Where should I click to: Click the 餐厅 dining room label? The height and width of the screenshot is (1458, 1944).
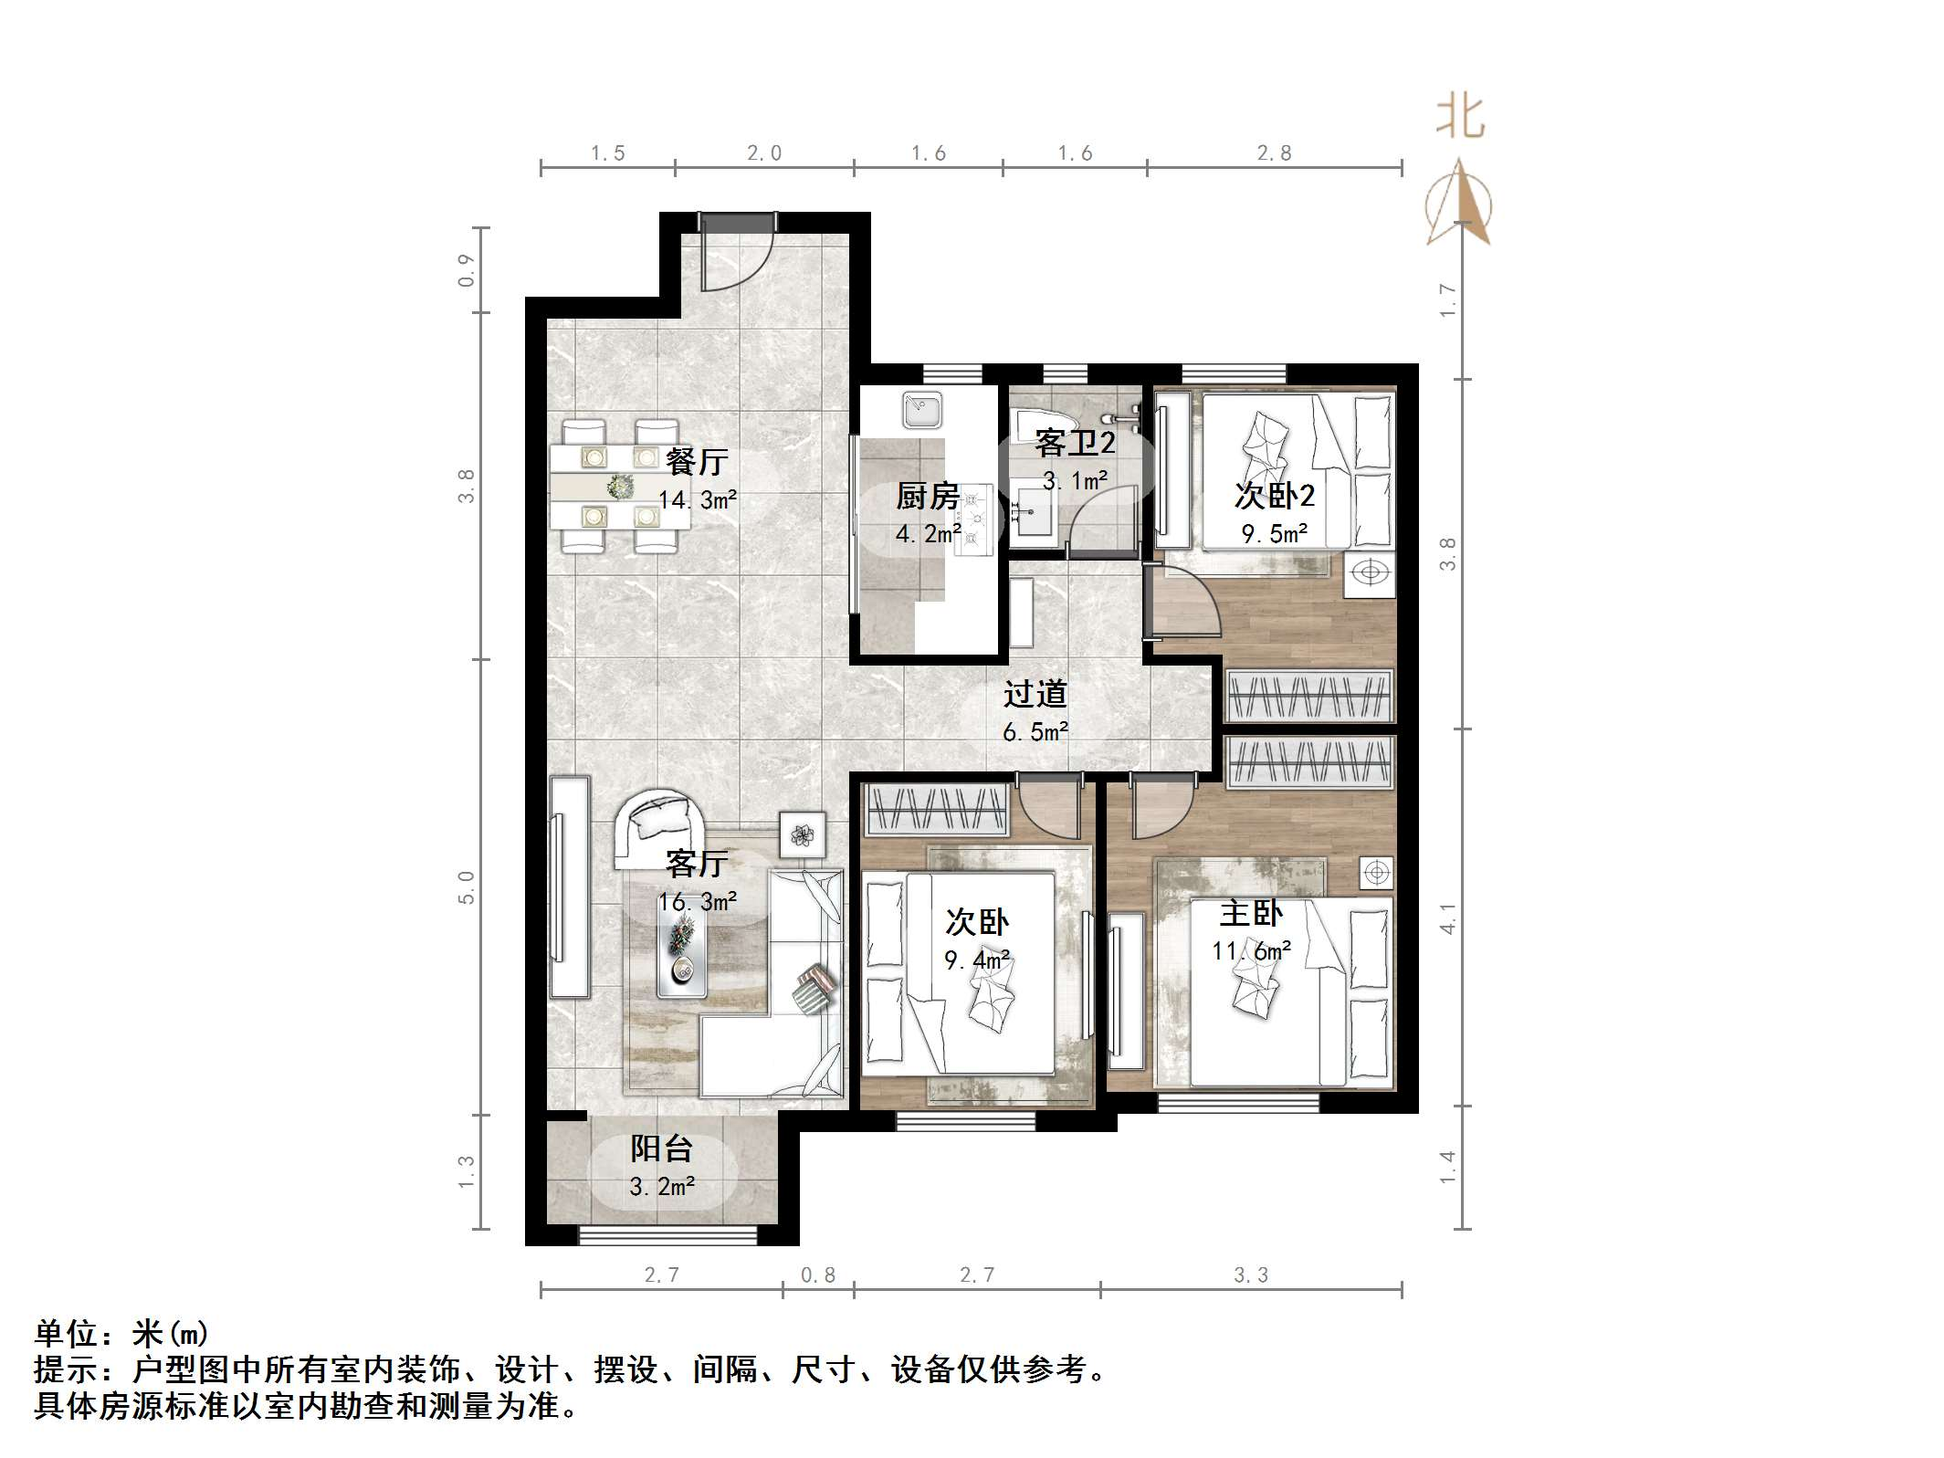point(696,461)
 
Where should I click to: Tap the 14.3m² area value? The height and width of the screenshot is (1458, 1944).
point(698,500)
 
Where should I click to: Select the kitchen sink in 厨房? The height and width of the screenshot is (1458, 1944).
point(922,411)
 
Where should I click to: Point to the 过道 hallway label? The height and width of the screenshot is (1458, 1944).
point(1035,694)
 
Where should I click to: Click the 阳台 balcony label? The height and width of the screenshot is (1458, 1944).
point(661,1148)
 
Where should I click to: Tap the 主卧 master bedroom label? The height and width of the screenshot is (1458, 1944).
point(1251,913)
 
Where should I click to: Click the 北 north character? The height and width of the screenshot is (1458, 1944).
point(1460,119)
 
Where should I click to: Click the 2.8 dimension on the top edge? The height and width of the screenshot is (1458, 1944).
point(1274,153)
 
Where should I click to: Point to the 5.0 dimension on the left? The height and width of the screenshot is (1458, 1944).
point(467,886)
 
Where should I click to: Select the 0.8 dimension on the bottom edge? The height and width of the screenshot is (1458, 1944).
point(817,1275)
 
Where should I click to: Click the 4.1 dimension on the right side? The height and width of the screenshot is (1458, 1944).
point(1447,918)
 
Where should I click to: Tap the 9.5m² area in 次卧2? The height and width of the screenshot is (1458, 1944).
point(1275,533)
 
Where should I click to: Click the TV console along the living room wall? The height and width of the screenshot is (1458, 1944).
point(570,886)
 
